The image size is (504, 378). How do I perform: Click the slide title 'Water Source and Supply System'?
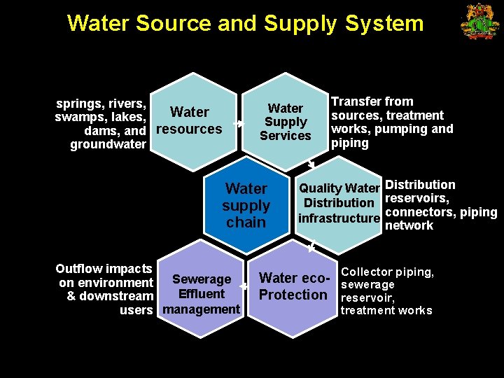[245, 23]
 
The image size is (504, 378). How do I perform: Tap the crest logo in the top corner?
[479, 22]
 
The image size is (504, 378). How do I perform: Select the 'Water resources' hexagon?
[189, 120]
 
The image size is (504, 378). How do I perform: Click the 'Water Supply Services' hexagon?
[285, 122]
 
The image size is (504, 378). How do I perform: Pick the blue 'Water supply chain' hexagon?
[246, 205]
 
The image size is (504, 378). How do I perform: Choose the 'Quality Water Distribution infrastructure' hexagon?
[339, 204]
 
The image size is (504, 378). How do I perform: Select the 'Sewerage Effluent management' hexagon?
[201, 294]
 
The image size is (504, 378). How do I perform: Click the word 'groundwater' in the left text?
[108, 145]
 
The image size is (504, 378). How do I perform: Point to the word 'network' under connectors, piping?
[409, 225]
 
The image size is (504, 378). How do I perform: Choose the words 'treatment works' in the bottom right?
[386, 310]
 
